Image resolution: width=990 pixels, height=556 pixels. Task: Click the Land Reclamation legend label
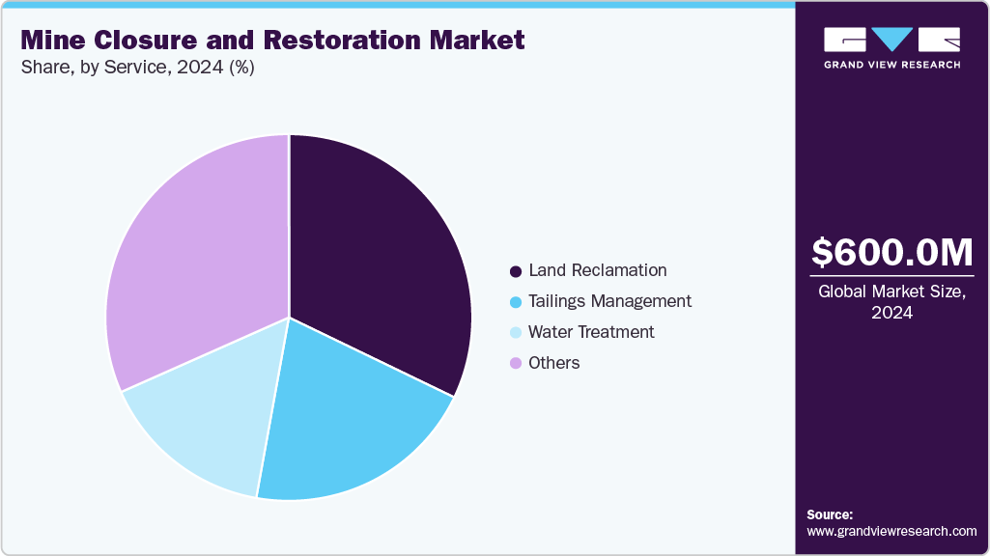coord(598,270)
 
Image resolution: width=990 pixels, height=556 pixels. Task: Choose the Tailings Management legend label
coord(609,301)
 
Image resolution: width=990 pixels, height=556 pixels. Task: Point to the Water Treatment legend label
coord(591,332)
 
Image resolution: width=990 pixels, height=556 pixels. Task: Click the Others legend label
coord(554,363)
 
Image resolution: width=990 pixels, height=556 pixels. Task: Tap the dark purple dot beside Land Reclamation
coord(516,271)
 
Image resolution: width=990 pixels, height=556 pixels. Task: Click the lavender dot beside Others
coord(516,364)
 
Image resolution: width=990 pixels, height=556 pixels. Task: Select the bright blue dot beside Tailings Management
coord(516,302)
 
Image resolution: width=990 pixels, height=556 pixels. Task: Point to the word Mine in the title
coord(52,41)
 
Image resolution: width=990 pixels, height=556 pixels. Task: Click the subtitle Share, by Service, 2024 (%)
coord(137,69)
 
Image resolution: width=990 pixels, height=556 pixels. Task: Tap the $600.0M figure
coord(891,252)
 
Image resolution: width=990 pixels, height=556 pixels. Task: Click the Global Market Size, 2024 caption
coord(891,301)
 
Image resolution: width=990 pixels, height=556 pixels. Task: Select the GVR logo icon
coord(891,39)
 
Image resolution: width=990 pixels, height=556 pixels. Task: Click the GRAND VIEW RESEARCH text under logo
coord(891,65)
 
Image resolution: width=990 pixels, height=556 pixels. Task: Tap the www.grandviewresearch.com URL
coord(891,531)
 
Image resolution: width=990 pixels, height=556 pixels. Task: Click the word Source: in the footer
coord(830,514)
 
